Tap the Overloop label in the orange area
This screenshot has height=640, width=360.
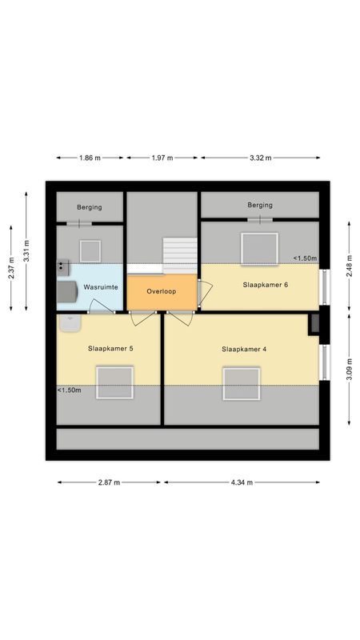pos(161,291)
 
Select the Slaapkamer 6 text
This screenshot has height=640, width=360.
pos(261,285)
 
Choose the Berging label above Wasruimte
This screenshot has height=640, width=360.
pos(90,208)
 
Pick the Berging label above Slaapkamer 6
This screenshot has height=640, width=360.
pos(260,206)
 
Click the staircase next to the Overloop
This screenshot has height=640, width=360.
pos(180,254)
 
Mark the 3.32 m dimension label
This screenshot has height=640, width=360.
pos(260,158)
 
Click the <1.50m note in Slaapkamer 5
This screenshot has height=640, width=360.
pos(69,390)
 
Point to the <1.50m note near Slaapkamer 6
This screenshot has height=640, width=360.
pos(304,258)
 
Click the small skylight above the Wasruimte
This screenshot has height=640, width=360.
pos(89,250)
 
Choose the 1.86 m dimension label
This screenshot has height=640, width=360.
pos(90,158)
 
